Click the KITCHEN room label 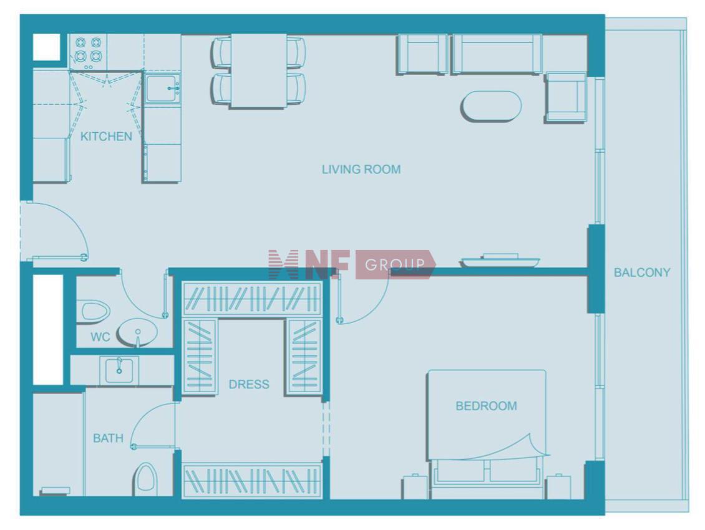point(106,136)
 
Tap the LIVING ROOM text point(361,170)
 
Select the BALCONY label point(642,272)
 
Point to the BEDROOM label point(486,406)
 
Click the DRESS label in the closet point(249,384)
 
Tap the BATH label point(108,438)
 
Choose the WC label point(100,337)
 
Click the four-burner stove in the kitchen point(88,51)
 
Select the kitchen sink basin point(163,89)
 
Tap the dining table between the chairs point(258,71)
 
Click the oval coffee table point(491,106)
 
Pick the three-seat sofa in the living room point(497,54)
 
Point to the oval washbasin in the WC point(137,333)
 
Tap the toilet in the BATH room point(145,478)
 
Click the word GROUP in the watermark point(395,265)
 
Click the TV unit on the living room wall point(500,261)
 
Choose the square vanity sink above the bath point(119,371)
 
